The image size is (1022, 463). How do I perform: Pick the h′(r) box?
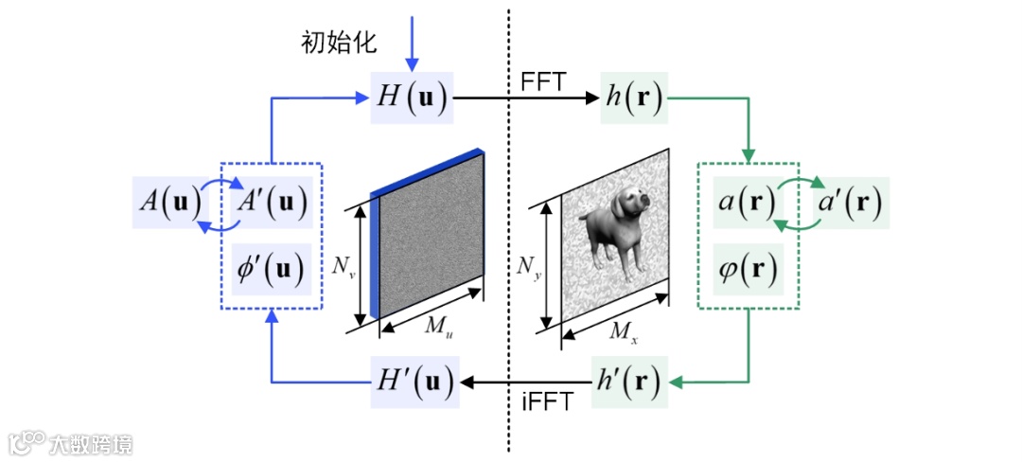[631, 383]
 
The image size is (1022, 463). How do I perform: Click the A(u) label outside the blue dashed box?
[169, 201]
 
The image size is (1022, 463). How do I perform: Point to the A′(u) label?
[273, 201]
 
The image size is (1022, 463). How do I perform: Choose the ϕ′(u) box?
[272, 269]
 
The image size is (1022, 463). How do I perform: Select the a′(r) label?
[847, 201]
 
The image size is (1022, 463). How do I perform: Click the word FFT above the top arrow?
[542, 81]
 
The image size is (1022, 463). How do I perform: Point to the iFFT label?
[547, 401]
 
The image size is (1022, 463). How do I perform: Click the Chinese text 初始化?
[339, 42]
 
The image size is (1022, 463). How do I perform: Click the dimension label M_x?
[622, 330]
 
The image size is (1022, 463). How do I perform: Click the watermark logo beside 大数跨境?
[27, 442]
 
